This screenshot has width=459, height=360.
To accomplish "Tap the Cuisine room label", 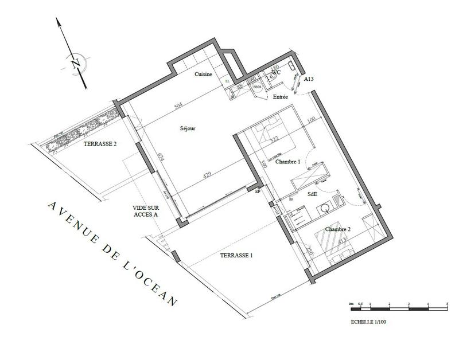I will (x=204, y=75).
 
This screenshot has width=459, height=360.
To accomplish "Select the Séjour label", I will (x=188, y=128).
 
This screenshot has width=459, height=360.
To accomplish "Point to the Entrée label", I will (x=281, y=97).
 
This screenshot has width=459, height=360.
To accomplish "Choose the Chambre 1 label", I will (x=288, y=162).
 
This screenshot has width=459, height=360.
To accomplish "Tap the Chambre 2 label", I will (x=338, y=229).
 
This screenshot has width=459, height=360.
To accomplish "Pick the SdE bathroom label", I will (x=313, y=194).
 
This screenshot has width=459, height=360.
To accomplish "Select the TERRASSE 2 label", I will (x=100, y=144).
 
